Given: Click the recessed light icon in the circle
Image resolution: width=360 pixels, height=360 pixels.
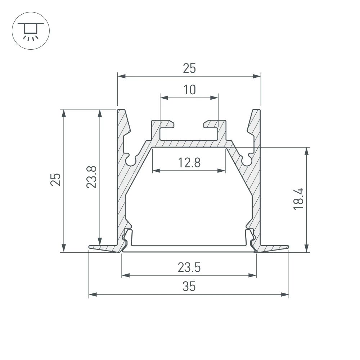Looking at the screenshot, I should [31, 31].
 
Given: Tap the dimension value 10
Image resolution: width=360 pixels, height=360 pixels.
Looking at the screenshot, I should [189, 90].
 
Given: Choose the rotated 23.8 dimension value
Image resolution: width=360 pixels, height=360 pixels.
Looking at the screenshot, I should [91, 177].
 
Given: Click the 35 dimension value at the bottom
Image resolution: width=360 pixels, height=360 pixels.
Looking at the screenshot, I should [189, 287].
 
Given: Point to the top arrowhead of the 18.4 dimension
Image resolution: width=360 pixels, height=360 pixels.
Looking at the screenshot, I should [306, 151].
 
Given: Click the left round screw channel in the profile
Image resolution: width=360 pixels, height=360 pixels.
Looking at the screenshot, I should [131, 160].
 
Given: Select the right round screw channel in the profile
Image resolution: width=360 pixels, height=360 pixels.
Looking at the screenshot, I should [247, 160].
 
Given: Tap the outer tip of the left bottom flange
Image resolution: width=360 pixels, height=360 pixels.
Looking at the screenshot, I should [90, 247].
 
